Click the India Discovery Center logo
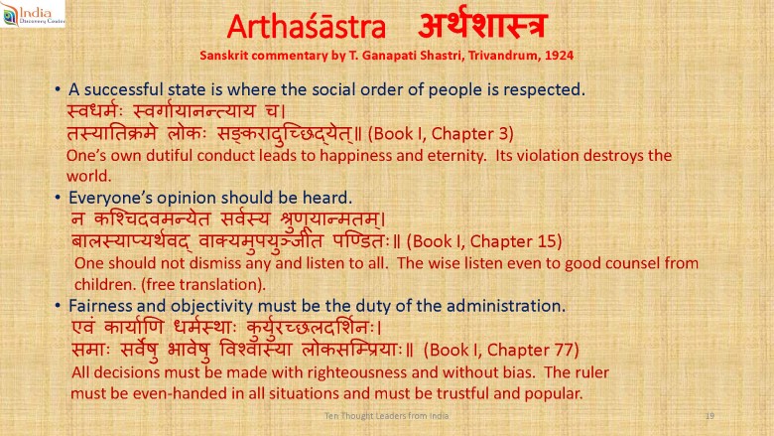coord(33,14)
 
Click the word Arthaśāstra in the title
coord(306,27)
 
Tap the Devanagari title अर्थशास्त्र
coord(482,24)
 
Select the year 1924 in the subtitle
coord(559,56)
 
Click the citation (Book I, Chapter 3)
coord(441,134)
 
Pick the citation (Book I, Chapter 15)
coord(484,241)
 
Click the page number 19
coord(709,416)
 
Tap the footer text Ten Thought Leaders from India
coord(387,416)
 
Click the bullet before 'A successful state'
coord(58,89)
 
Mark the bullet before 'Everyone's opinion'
coord(58,198)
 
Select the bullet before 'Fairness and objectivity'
coord(58,306)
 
